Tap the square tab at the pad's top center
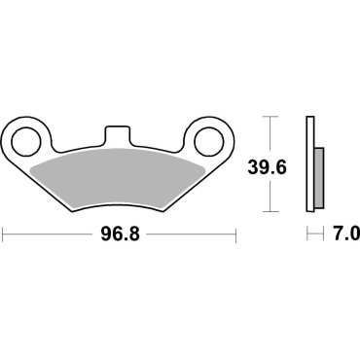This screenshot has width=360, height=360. tap(121, 134)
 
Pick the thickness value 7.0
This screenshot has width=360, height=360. tap(347, 234)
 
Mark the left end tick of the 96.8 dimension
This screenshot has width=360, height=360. tap(3, 234)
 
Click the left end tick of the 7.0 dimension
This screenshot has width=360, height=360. tap(307, 234)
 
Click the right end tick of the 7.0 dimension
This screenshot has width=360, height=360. tap(322, 234)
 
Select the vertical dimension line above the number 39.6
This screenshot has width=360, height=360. tap(271, 136)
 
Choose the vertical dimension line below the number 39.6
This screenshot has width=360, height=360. tap(271, 195)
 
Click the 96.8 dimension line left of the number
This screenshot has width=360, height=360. tap(49, 234)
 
